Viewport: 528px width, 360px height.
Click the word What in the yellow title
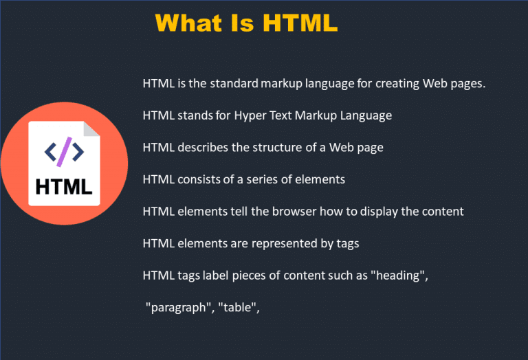188,23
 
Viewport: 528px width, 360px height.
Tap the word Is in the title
242,23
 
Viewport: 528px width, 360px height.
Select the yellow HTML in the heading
300,23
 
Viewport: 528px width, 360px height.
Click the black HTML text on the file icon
64,187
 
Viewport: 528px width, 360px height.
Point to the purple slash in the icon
65,152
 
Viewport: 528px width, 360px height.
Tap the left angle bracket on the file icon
50,152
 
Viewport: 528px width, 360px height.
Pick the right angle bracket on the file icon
78,152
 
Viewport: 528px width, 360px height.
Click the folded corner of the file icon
91,129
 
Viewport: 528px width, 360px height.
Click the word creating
397,83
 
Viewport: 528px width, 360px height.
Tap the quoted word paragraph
179,308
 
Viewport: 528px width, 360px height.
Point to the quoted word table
237,307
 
